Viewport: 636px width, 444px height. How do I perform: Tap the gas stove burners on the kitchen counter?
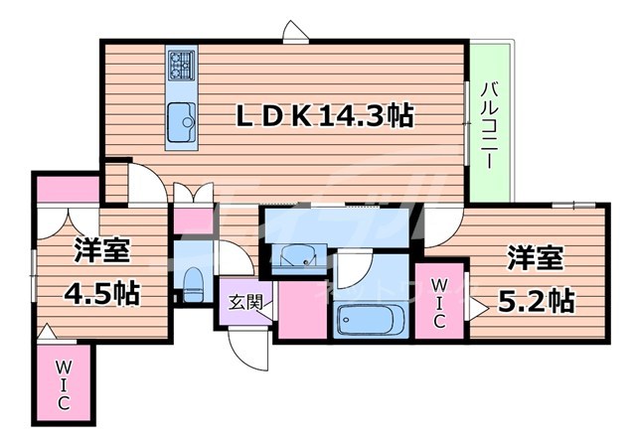pos(181,65)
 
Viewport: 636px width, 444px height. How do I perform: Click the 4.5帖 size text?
pos(103,295)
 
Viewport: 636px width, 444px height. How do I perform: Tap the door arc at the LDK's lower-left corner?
pos(143,185)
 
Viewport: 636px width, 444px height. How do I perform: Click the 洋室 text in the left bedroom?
pos(103,250)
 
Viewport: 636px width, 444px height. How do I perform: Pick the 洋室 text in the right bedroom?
pos(537,256)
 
